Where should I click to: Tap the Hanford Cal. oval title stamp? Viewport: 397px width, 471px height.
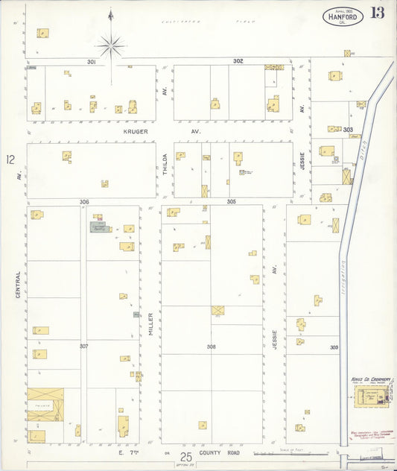(x=343, y=15)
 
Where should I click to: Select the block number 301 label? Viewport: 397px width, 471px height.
(x=92, y=61)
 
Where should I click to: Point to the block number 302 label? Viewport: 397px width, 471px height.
(x=238, y=60)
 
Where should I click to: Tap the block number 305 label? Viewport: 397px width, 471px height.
(x=232, y=201)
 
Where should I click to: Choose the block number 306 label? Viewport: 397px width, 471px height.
(x=84, y=201)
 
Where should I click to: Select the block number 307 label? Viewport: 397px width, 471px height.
(x=84, y=346)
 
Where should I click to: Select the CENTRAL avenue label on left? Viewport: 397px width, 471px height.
(x=19, y=285)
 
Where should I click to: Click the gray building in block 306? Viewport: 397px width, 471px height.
(x=98, y=226)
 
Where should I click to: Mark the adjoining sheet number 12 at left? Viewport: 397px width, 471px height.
(x=10, y=159)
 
